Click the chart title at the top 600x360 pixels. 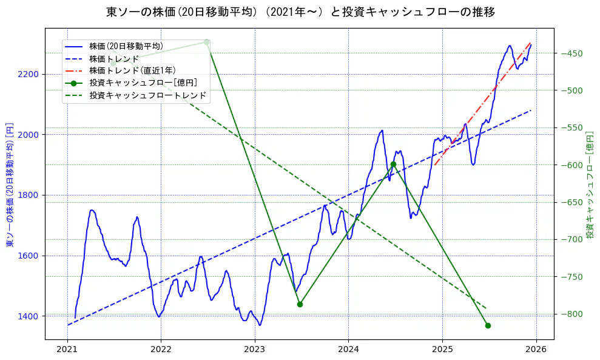point(300,12)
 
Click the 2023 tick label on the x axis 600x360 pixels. point(255,350)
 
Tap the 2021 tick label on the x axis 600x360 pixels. point(67,350)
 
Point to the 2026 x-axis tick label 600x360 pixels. point(536,350)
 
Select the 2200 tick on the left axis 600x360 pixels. point(29,74)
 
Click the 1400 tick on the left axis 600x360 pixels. point(29,316)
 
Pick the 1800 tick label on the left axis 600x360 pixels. point(29,195)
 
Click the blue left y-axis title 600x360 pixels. point(10,182)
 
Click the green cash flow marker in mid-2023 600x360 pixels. point(300,304)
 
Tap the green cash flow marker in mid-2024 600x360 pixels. point(393,164)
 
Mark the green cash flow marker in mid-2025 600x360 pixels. point(488,325)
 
